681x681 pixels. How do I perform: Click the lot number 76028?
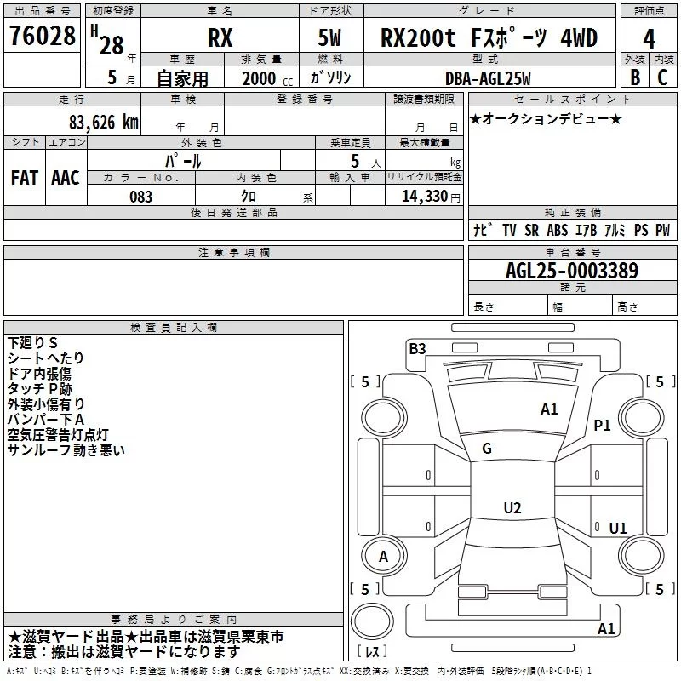pyautogui.click(x=43, y=37)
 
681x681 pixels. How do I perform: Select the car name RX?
pyautogui.click(x=220, y=38)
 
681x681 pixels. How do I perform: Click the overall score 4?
pyautogui.click(x=650, y=39)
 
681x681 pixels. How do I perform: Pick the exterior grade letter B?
pyautogui.click(x=634, y=77)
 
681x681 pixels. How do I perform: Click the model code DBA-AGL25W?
pyautogui.click(x=487, y=78)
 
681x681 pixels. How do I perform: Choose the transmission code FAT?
pyautogui.click(x=24, y=178)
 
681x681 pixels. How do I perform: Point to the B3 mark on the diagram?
pyautogui.click(x=417, y=348)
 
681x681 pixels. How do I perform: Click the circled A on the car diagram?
pyautogui.click(x=383, y=557)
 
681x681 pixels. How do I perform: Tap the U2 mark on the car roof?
pyautogui.click(x=512, y=508)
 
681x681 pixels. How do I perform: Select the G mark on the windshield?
pyautogui.click(x=487, y=448)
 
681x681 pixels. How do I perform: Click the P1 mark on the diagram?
pyautogui.click(x=603, y=426)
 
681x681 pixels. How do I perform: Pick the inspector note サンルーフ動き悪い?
pyautogui.click(x=66, y=449)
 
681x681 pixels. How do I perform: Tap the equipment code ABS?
pyautogui.click(x=557, y=230)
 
